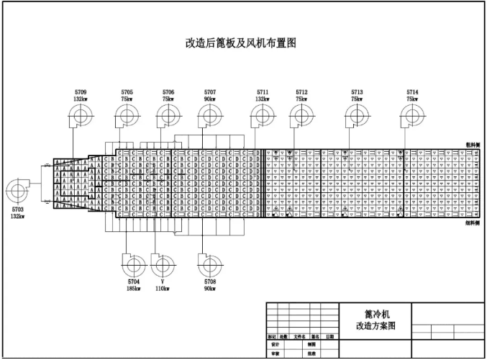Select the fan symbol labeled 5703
tap(17, 192)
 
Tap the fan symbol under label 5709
tap(80, 115)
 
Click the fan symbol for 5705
tap(127, 115)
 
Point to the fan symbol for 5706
tap(168, 115)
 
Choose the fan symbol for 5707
tap(210, 115)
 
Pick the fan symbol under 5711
tap(262, 115)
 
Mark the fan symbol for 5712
tap(301, 115)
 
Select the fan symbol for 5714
tap(412, 115)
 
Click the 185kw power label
tap(134, 288)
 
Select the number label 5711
tap(263, 92)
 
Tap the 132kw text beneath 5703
tap(17, 216)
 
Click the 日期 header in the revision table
tap(329, 336)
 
